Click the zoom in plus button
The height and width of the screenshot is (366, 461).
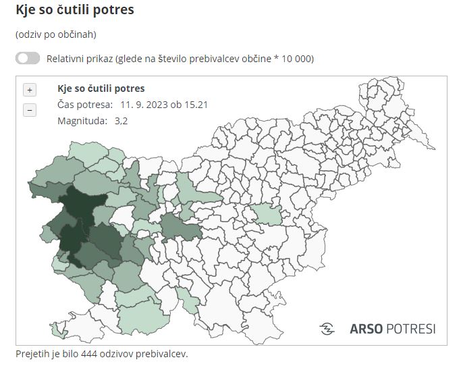click(30, 90)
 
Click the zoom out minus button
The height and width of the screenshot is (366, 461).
click(30, 110)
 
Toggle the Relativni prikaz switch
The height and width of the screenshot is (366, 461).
click(28, 58)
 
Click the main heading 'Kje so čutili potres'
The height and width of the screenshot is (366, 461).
click(74, 11)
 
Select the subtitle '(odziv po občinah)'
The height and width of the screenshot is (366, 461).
click(56, 33)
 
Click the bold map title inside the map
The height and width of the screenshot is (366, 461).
click(101, 88)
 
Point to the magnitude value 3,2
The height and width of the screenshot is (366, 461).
click(121, 121)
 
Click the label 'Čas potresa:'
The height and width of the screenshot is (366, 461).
click(85, 105)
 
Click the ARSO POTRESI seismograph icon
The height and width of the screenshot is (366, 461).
click(327, 329)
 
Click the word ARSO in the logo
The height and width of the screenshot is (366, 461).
click(365, 329)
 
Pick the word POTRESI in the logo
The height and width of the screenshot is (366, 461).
click(410, 329)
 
